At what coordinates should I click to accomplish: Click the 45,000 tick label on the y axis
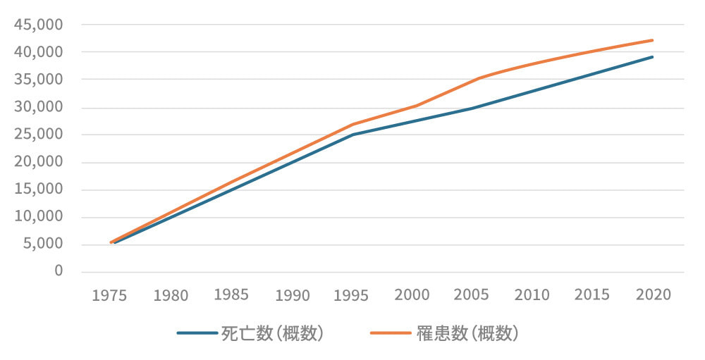[x=39, y=25]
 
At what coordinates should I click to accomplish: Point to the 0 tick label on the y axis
[x=59, y=271]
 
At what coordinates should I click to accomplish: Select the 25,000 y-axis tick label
[x=39, y=135]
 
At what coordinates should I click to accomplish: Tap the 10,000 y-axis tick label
[x=39, y=217]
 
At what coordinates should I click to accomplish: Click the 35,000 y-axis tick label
[x=39, y=80]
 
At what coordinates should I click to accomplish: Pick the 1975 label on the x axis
[x=109, y=295]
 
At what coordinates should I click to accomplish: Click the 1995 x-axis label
[x=351, y=295]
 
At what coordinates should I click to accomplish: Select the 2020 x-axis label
[x=653, y=294]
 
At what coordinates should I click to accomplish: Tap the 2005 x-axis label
[x=472, y=294]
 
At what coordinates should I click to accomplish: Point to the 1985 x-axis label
[x=230, y=294]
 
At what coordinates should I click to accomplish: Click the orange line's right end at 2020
[x=653, y=40]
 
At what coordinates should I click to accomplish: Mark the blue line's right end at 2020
[x=653, y=57]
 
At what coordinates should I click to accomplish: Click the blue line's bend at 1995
[x=351, y=135]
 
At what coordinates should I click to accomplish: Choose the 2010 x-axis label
[x=532, y=294]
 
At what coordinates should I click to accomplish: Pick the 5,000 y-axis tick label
[x=42, y=244]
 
